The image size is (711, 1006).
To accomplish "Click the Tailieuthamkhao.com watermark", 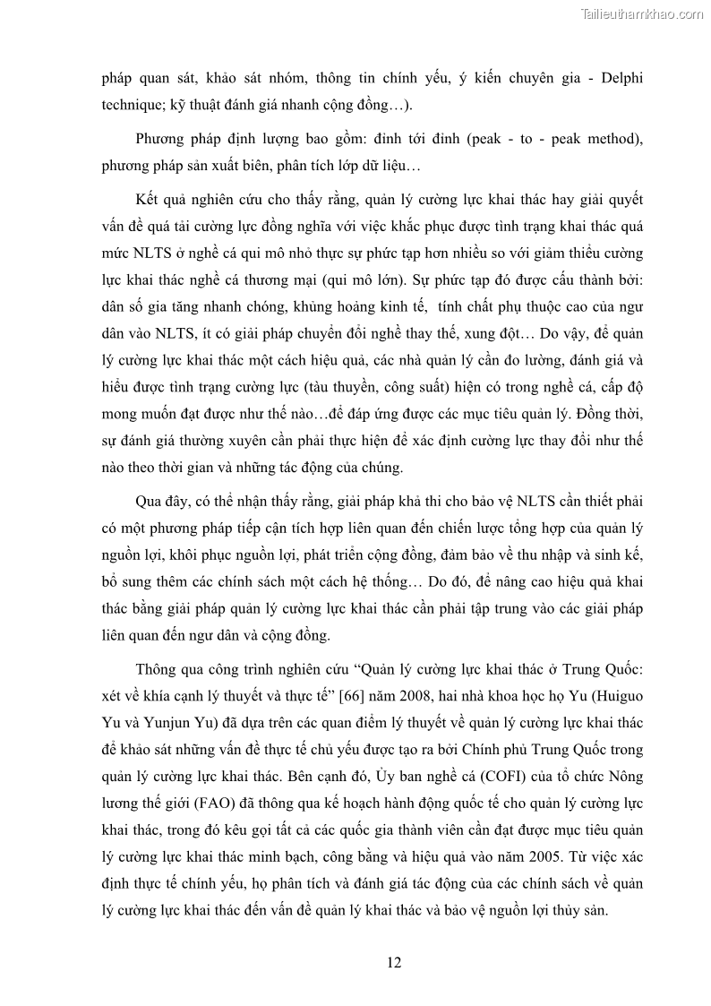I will click(643, 13).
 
